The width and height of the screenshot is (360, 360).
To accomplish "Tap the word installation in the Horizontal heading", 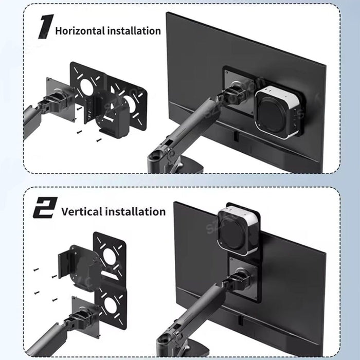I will (134, 30).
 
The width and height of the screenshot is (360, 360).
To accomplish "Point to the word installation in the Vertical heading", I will (136, 211).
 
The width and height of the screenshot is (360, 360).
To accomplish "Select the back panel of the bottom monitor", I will (288, 267).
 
